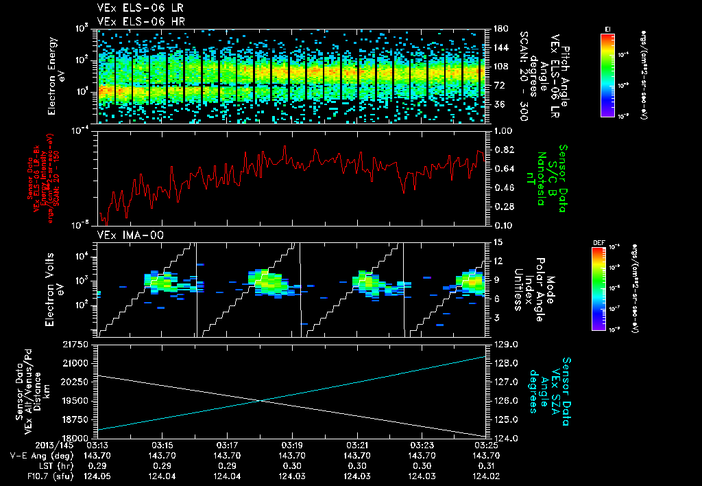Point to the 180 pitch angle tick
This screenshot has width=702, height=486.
pos(499,30)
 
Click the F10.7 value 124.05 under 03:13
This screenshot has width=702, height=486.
pos(96,475)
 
